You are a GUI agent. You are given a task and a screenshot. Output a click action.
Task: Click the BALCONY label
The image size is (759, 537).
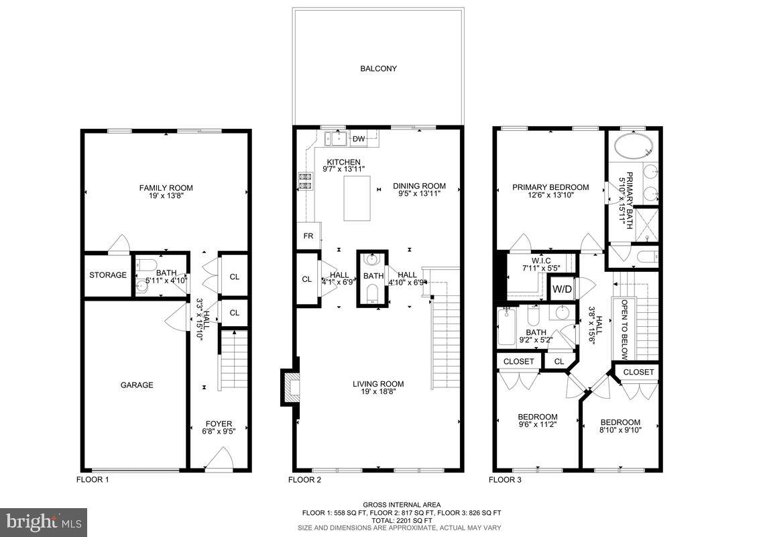[378, 68]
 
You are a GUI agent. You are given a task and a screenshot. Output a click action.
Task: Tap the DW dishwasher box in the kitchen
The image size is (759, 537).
[358, 139]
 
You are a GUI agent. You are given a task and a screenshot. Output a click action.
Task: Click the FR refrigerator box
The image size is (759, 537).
[308, 236]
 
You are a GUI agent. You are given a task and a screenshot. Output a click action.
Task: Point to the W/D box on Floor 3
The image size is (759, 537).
[561, 289]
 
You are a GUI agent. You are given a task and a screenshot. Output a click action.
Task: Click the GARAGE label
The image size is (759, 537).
[137, 385]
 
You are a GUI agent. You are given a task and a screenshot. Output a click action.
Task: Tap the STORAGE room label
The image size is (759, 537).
[108, 275]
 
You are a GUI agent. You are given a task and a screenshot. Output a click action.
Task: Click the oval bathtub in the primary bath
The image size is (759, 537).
[634, 146]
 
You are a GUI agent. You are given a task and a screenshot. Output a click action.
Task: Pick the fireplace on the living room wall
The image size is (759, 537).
[290, 387]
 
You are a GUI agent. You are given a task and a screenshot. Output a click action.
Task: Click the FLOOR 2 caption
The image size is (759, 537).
[305, 480]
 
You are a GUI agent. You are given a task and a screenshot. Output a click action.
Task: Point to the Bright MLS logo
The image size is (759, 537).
[44, 521]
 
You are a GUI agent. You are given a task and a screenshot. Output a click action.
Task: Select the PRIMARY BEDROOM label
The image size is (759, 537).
[550, 187]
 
